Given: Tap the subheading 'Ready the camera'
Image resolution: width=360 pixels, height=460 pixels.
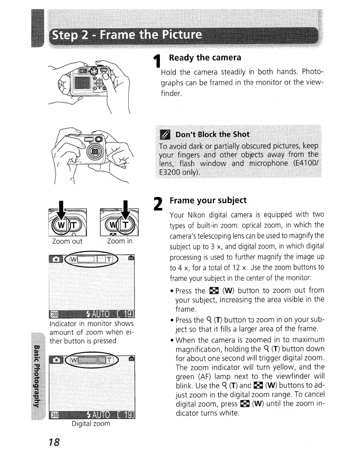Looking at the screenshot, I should point(201,58).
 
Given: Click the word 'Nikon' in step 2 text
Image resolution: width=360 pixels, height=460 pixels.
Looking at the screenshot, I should point(198,215).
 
